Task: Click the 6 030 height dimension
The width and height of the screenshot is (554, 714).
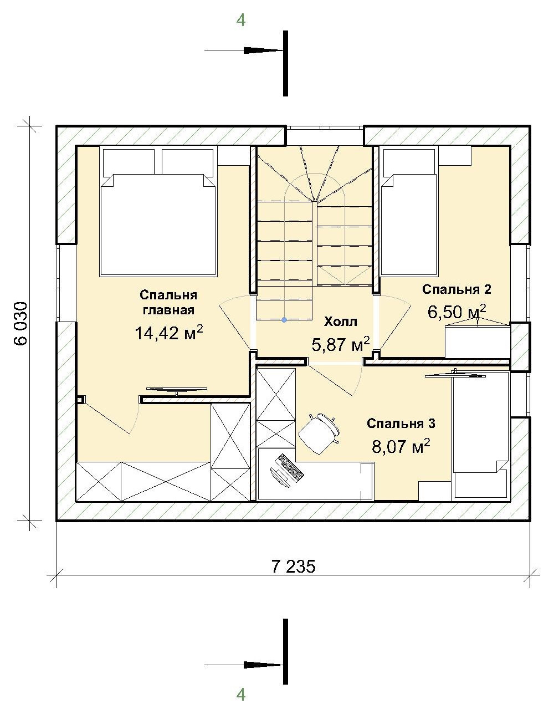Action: [x=20, y=323]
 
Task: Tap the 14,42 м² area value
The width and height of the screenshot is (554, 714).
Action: [x=169, y=333]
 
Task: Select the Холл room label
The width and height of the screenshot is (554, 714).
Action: [x=340, y=322]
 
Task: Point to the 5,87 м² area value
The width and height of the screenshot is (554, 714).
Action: [x=340, y=344]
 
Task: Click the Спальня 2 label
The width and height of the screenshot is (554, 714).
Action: [x=456, y=289]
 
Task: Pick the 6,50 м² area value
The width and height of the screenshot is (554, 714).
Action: [x=456, y=312]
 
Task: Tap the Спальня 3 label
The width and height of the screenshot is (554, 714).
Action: [x=401, y=423]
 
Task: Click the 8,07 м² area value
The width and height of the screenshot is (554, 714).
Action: [x=401, y=446]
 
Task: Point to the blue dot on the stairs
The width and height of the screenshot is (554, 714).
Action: [x=284, y=319]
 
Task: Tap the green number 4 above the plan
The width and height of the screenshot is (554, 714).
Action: [x=240, y=21]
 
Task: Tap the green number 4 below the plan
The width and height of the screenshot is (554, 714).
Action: [x=240, y=695]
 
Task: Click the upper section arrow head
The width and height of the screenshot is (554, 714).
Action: [x=263, y=50]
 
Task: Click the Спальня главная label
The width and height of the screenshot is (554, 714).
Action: [x=168, y=302]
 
